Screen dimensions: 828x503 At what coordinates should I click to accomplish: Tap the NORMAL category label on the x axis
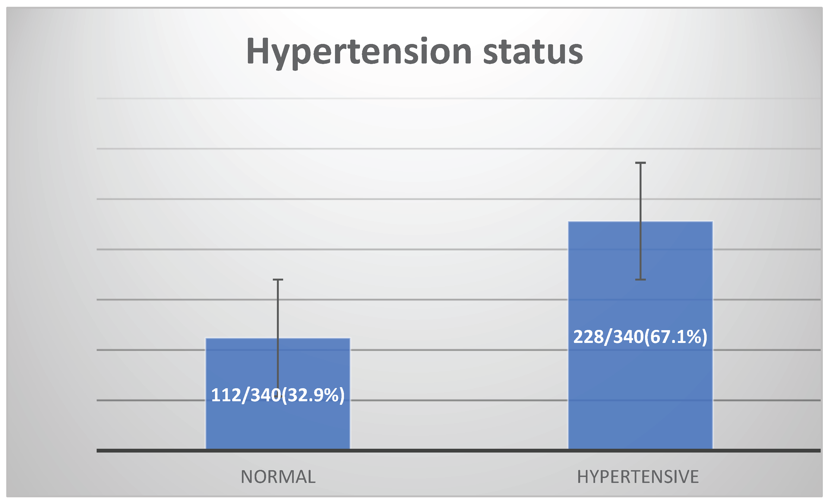(x=278, y=477)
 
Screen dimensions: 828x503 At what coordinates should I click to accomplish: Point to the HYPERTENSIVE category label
(x=638, y=477)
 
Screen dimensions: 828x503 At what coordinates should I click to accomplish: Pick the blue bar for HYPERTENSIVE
(x=640, y=335)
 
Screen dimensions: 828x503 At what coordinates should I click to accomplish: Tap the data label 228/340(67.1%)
(x=640, y=337)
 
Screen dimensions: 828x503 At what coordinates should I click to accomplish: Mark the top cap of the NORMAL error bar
(x=278, y=279)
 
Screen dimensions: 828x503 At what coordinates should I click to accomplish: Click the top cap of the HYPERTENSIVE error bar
(x=640, y=163)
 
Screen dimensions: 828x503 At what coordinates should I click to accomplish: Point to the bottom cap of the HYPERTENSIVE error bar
(x=640, y=279)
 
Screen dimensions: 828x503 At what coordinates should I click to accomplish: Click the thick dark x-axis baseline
(x=459, y=451)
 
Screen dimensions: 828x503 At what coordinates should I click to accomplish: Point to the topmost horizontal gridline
(x=459, y=98)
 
